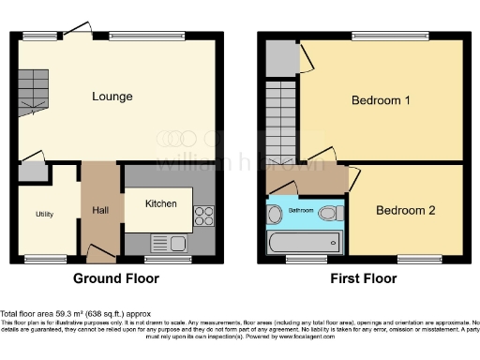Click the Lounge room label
point(112,97)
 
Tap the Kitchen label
point(160,203)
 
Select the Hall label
point(100,210)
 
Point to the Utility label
point(44,214)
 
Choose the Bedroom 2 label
point(405,210)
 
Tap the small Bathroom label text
point(301,211)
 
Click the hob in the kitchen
point(203,217)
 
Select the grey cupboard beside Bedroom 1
point(278,58)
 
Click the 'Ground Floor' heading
point(116,278)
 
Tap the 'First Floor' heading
point(364,278)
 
